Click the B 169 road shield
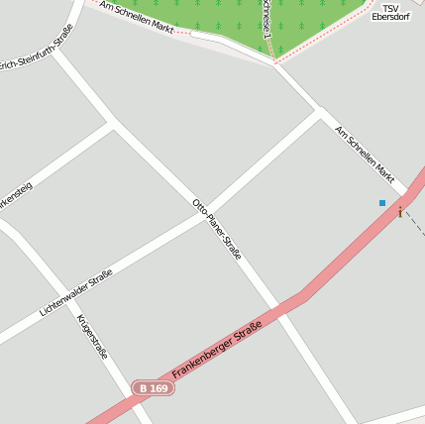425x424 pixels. click(153, 389)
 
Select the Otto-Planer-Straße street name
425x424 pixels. click(217, 229)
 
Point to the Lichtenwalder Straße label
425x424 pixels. click(75, 293)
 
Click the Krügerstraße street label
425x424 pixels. click(92, 336)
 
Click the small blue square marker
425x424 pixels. click(382, 203)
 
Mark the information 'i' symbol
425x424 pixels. click(400, 212)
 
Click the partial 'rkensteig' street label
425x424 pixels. click(17, 193)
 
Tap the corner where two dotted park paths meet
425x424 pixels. click(273, 61)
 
